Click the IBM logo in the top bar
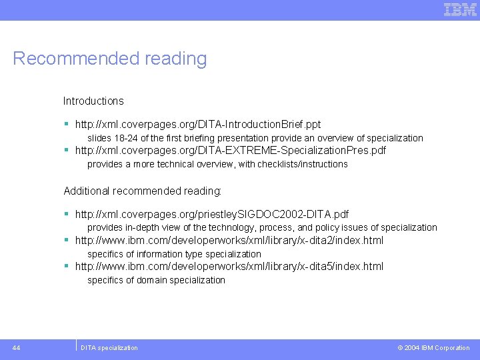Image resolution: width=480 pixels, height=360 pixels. click(x=460, y=9)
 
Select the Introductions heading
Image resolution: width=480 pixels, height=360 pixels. click(x=93, y=101)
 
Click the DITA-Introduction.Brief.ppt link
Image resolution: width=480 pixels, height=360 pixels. click(x=198, y=125)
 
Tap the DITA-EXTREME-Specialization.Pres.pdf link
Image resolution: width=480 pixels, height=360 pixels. click(x=230, y=151)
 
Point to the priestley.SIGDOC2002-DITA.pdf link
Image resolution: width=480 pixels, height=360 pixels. click(x=212, y=215)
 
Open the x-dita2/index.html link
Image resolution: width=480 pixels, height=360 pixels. click(x=229, y=241)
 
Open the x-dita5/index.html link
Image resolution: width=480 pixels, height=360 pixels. click(x=229, y=267)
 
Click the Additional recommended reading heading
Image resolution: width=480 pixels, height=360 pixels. click(x=143, y=191)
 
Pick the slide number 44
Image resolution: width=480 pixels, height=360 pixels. click(x=16, y=347)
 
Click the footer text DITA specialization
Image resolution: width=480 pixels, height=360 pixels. click(x=109, y=348)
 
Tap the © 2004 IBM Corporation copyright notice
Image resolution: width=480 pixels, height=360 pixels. click(x=433, y=348)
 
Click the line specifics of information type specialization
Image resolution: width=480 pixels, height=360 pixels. click(x=175, y=254)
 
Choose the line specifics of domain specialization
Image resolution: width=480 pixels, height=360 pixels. click(x=157, y=280)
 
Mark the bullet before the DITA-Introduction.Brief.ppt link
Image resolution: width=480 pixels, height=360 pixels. click(x=67, y=125)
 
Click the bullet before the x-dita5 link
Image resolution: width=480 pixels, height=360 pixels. click(x=67, y=267)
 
